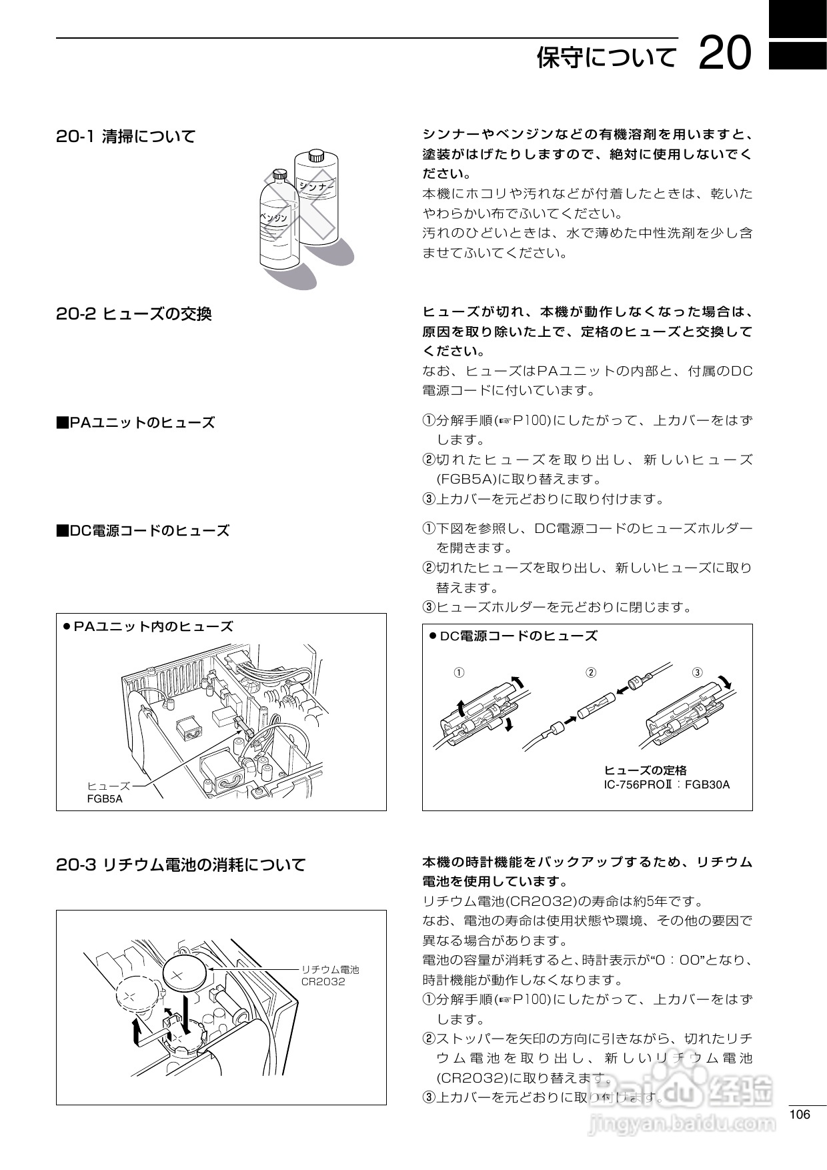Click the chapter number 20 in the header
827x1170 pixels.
(x=726, y=54)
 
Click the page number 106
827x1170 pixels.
(x=799, y=1115)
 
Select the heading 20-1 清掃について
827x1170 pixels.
(x=126, y=137)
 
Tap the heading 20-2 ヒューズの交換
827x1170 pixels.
(x=134, y=313)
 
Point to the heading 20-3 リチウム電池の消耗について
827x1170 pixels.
(x=181, y=864)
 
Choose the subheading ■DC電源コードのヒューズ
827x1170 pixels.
(x=143, y=530)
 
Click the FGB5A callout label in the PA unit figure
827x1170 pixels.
(x=105, y=798)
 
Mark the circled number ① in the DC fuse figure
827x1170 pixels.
(x=459, y=672)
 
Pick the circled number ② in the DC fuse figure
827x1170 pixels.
(x=590, y=672)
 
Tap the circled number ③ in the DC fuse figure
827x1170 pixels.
(x=697, y=672)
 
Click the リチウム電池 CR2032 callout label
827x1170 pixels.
(x=329, y=975)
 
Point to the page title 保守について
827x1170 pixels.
(x=606, y=57)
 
